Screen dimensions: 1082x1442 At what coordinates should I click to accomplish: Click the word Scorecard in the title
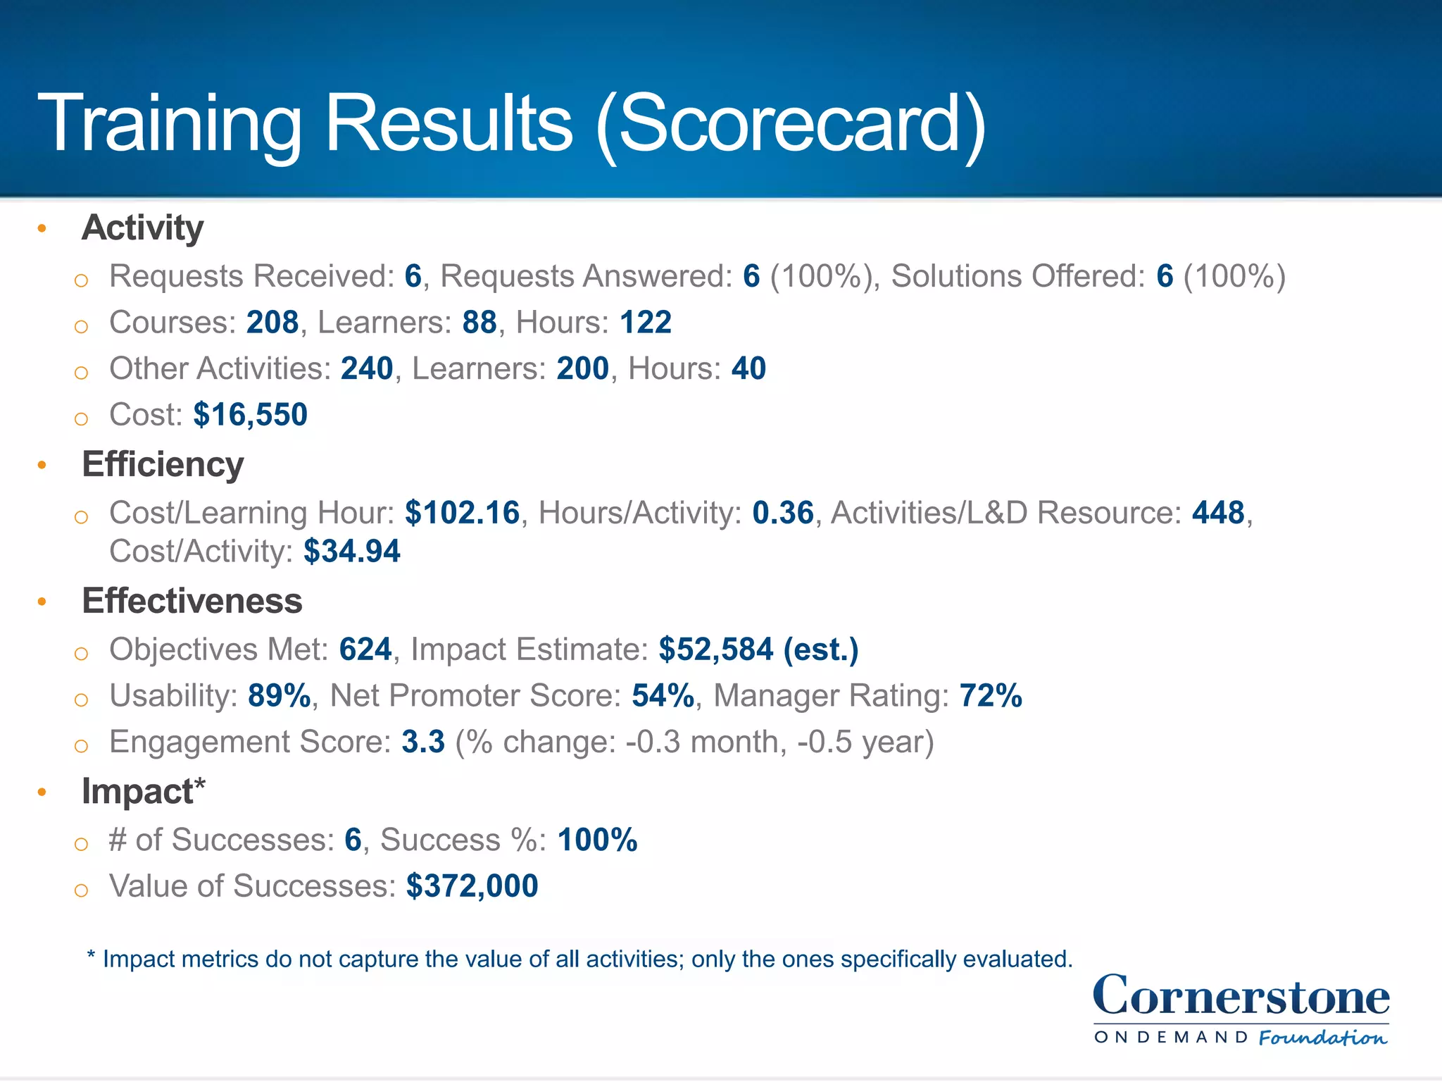coord(789,125)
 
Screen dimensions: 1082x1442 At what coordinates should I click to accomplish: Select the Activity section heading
coord(142,228)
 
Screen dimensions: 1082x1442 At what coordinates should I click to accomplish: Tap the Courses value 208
coord(272,323)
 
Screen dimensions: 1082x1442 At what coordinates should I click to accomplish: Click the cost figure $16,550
coord(250,415)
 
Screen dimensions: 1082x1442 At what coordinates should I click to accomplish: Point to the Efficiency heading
coord(163,465)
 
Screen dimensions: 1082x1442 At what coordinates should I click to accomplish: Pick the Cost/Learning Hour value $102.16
coord(462,513)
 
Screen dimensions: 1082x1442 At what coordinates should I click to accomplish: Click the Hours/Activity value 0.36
coord(782,513)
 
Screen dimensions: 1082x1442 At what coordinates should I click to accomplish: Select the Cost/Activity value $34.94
coord(351,552)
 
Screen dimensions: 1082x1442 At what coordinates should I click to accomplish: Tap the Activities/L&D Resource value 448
coord(1218,513)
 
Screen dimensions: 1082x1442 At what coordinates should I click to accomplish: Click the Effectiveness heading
coord(192,602)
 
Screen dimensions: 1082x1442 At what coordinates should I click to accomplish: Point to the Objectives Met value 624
coord(365,649)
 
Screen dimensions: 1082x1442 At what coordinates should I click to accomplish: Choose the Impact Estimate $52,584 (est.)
coord(758,649)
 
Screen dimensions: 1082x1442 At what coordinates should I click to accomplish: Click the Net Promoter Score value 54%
coord(663,696)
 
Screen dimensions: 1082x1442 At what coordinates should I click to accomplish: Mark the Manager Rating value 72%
coord(990,696)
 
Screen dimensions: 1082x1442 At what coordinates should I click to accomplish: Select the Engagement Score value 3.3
coord(423,742)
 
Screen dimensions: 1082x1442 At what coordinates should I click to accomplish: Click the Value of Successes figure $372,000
coord(472,886)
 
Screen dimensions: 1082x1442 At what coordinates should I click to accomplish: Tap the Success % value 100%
coord(597,840)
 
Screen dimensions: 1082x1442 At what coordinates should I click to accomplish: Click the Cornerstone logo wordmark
coord(1241,997)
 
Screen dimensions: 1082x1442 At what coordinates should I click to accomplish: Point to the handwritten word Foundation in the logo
coord(1322,1038)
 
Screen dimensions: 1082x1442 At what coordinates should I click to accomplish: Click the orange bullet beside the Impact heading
coord(42,792)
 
